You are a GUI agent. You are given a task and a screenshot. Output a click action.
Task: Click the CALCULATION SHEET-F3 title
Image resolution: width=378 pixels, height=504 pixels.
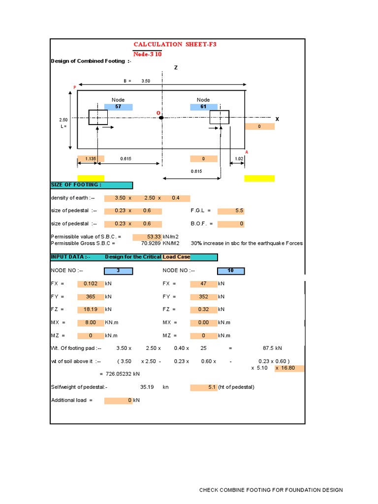pos(175,44)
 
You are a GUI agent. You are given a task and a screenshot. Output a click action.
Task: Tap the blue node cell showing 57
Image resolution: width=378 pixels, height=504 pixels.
pos(118,107)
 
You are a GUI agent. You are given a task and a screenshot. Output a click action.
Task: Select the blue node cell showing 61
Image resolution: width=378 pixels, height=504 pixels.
pos(203,107)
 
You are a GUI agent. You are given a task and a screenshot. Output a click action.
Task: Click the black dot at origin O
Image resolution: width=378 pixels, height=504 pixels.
pos(161,118)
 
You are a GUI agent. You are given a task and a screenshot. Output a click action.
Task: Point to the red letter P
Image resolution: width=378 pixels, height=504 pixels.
pos(75,87)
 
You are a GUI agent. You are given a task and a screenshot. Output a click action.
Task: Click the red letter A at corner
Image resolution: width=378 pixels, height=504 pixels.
pos(247,152)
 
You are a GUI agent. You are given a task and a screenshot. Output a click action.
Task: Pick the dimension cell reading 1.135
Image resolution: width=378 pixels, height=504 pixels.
pos(91,159)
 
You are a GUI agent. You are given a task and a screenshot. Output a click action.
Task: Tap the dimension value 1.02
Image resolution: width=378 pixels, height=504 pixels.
pos(239,159)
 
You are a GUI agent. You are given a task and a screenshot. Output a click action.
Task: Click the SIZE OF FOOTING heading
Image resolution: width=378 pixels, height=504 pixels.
pos(91,185)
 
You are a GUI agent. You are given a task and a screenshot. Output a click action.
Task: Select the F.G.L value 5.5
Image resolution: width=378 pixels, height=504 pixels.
pos(231,211)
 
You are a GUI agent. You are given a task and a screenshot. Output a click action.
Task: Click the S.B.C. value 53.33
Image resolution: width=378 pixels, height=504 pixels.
pos(148,237)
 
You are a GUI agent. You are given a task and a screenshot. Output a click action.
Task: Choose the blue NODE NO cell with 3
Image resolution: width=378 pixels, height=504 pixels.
pos(118,271)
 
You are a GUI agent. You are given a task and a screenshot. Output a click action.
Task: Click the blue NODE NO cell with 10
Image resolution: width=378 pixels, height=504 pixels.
pos(231,271)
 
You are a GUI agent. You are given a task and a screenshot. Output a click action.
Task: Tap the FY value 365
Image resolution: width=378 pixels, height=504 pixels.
pos(91,297)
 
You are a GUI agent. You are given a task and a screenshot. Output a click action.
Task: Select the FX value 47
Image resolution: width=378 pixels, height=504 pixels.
pos(204,283)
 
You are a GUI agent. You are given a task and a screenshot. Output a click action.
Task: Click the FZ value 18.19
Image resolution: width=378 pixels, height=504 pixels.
pos(91,310)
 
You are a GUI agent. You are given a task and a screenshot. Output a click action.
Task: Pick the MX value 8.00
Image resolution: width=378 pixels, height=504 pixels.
pos(91,322)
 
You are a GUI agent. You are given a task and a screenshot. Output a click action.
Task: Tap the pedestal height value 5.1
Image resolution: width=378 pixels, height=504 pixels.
pos(204,387)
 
